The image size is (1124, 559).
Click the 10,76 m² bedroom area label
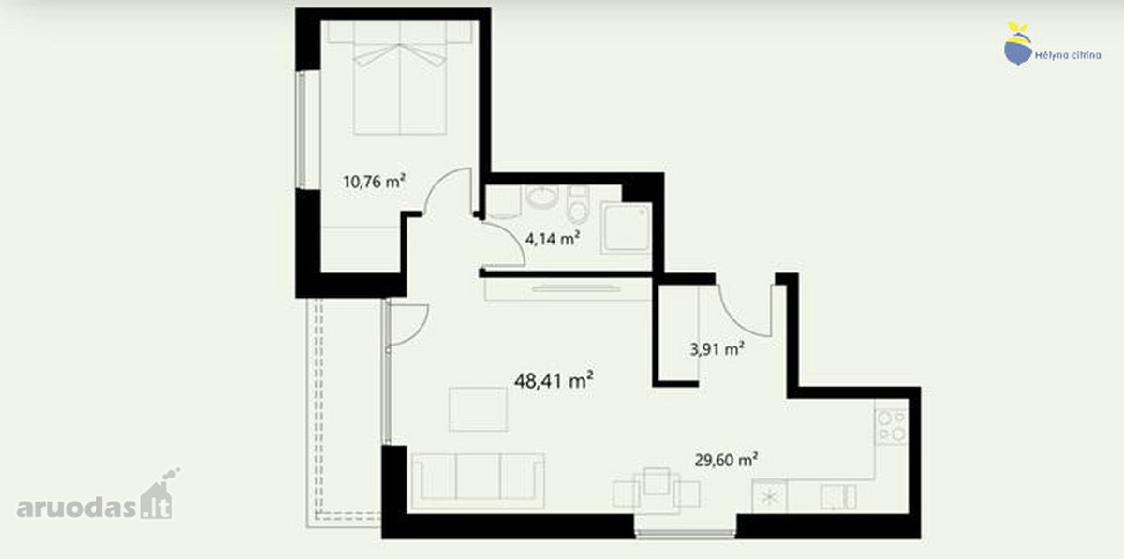click(x=374, y=181)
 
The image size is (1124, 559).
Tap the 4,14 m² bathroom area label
click(x=553, y=239)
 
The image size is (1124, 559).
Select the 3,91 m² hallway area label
click(x=717, y=348)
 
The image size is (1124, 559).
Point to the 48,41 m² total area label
click(x=554, y=381)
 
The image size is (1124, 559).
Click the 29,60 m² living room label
click(x=726, y=460)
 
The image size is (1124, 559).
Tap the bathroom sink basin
click(x=542, y=197)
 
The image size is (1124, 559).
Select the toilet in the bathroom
click(x=578, y=204)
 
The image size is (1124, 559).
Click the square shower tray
click(x=627, y=228)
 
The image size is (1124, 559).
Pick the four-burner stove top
click(x=891, y=427)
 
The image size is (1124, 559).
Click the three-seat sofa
click(x=478, y=480)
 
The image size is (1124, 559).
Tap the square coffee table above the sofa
click(x=479, y=409)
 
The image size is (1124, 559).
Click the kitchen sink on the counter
click(x=838, y=497)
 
